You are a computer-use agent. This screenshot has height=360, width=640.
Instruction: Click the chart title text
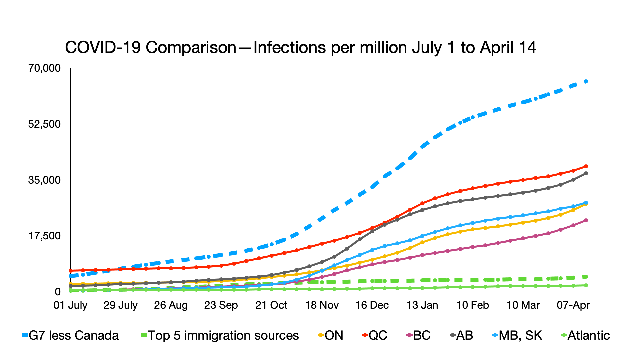point(300,48)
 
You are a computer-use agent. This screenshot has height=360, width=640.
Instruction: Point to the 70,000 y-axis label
point(44,68)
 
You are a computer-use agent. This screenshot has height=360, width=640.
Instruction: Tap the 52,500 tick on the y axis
point(44,124)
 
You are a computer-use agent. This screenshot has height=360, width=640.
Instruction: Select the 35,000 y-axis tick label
point(44,180)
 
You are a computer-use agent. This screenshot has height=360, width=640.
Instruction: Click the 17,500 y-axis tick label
point(44,236)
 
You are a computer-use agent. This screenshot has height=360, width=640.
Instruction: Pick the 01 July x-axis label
point(70,305)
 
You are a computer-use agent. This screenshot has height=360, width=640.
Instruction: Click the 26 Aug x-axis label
point(171,305)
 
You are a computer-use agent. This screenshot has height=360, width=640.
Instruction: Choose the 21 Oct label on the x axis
point(271,305)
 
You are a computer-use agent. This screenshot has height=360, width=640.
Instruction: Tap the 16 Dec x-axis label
point(372,305)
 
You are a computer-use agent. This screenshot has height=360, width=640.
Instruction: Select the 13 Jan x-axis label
point(422,305)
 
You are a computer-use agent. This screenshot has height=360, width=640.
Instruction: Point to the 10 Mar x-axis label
point(523,305)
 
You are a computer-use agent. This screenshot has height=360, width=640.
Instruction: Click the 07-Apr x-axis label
point(573,305)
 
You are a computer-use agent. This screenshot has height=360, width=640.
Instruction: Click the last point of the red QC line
point(586,166)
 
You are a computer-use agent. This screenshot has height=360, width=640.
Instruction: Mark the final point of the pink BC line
point(586,220)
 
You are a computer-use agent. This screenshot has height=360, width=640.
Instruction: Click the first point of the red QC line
point(71,271)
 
